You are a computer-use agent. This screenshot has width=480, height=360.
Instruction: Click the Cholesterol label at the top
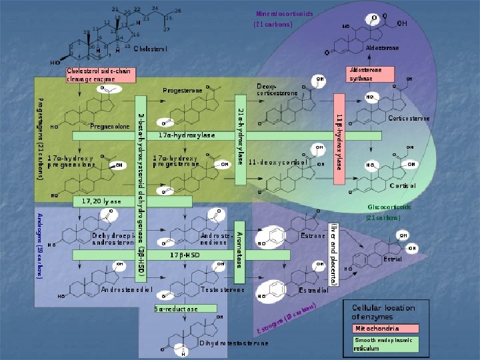click(x=150, y=49)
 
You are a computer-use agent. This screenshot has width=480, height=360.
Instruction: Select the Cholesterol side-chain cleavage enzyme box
click(x=100, y=74)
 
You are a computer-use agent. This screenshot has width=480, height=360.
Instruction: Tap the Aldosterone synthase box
click(x=366, y=74)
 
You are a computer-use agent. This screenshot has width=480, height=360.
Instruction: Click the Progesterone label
click(x=183, y=90)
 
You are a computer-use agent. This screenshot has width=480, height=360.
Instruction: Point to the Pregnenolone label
click(x=109, y=126)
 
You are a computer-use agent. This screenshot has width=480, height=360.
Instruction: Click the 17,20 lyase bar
click(x=131, y=201)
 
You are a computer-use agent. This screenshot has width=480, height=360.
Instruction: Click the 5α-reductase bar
click(x=177, y=309)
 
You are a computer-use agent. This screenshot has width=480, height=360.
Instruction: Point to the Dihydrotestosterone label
click(x=234, y=343)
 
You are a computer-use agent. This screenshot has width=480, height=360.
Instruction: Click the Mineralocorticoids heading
click(x=285, y=13)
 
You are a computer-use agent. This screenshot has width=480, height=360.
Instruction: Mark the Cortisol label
click(x=403, y=185)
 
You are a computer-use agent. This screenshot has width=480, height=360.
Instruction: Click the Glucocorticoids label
click(x=389, y=207)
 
